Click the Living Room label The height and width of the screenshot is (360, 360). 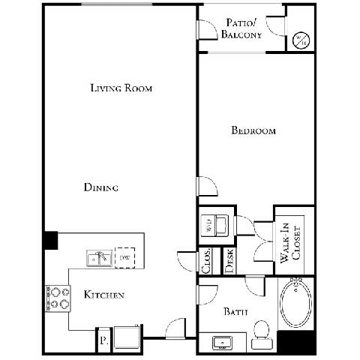point(121,88)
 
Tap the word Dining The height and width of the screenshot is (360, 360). point(100,187)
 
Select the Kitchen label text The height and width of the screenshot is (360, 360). point(103,295)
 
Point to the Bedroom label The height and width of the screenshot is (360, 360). point(253,130)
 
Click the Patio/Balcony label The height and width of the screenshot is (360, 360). point(242,28)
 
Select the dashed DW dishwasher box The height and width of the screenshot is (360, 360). point(124,258)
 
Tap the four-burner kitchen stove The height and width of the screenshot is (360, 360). point(58,297)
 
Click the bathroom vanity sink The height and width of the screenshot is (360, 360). point(223,343)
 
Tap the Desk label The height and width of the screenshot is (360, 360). point(229,259)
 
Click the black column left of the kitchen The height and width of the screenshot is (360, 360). point(50,240)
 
